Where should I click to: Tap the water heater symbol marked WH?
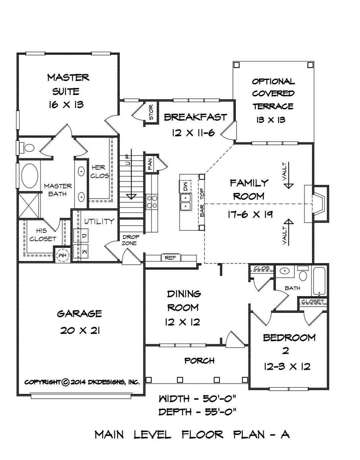tap(62, 255)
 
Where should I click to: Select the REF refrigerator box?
tap(171, 258)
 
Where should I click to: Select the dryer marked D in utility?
tap(84, 236)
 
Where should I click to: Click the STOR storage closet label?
tap(151, 113)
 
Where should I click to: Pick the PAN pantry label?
tap(150, 164)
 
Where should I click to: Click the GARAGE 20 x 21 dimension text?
tap(80, 330)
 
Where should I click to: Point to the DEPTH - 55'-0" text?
tap(198, 412)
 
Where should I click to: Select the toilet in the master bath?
tap(27, 148)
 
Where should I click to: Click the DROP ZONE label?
tap(130, 240)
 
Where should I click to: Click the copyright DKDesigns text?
tap(82, 382)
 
